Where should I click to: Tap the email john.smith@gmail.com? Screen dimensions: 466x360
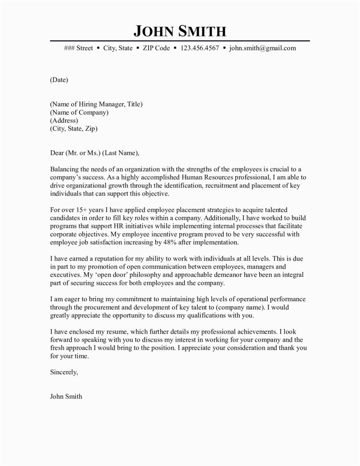point(262,48)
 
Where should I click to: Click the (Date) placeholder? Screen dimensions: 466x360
point(58,80)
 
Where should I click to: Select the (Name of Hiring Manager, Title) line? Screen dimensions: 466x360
point(96,104)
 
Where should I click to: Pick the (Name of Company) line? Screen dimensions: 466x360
point(79,113)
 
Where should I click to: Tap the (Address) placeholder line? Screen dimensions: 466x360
point(64,121)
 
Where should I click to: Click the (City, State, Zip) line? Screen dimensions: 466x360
point(73,129)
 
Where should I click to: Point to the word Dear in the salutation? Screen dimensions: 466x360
point(57,153)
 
